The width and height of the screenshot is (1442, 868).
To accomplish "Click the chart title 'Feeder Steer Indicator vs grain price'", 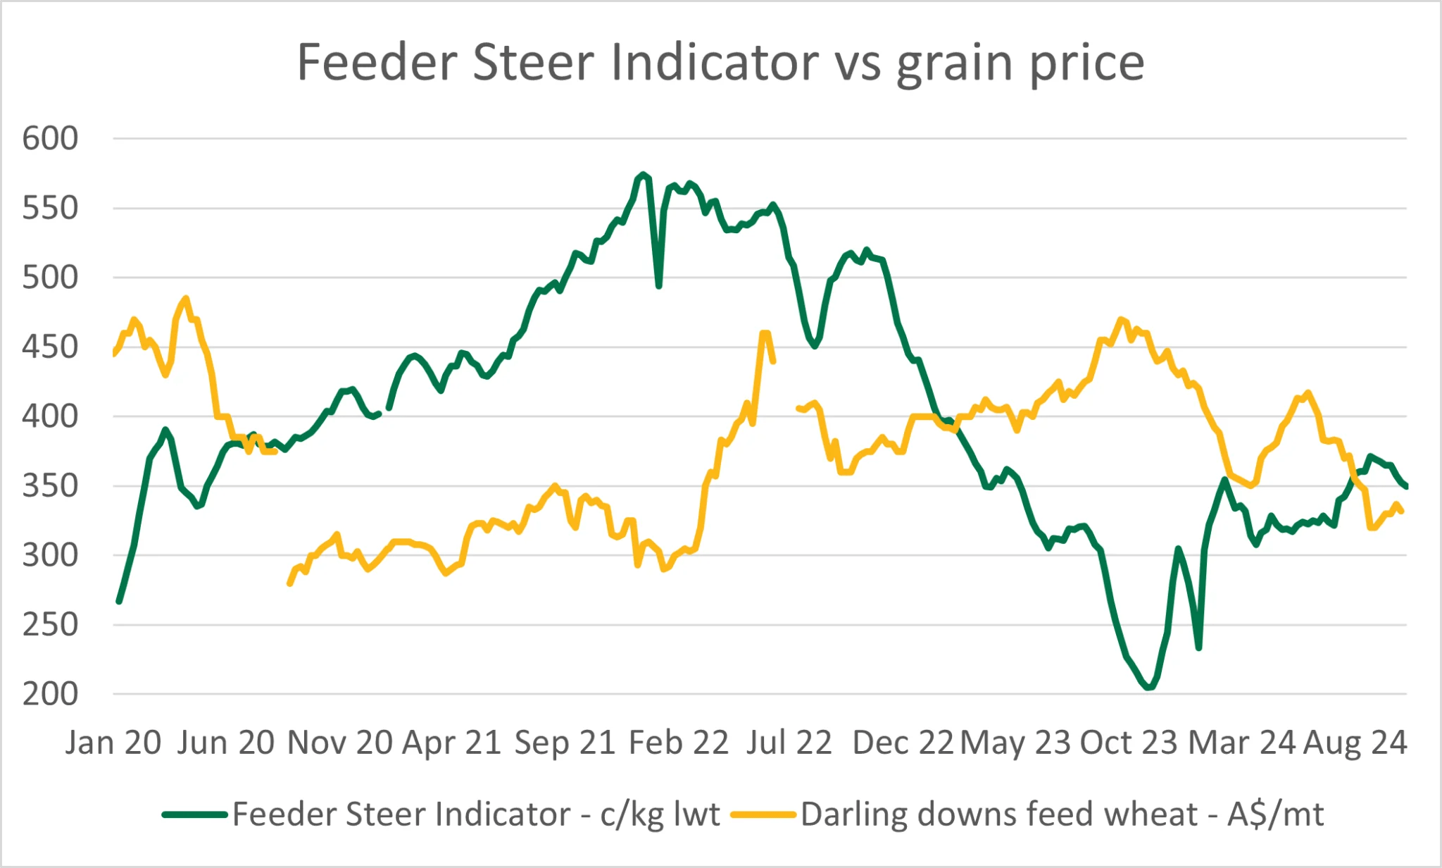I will coord(720,63).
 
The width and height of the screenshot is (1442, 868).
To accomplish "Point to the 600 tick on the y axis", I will coord(50,139).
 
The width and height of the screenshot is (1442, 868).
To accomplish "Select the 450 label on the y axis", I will coord(50,347).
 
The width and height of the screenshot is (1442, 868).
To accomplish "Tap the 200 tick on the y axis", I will coord(50,695).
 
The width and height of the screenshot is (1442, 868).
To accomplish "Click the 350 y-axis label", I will coord(50,486).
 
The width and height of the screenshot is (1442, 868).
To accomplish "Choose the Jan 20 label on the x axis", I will coord(113,743).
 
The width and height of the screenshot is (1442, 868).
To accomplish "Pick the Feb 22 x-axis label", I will coord(678,743).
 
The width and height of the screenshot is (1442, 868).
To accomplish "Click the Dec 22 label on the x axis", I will coord(903,743).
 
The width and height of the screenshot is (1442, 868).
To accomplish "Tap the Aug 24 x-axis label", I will coord(1355,743).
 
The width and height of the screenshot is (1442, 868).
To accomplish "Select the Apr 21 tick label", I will coord(451,743).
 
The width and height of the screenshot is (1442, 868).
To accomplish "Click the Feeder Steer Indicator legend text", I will coord(476,814).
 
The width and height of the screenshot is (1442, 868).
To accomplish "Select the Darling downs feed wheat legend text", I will coord(1062,814).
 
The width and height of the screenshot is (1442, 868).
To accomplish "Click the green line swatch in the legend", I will coord(194,815).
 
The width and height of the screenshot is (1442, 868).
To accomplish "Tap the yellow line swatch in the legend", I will coord(763,815).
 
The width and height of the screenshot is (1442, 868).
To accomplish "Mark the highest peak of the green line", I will coord(643,174).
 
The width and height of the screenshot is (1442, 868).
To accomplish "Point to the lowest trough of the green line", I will coord(1148,687).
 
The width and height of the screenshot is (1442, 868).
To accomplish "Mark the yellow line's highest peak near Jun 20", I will coord(186,298).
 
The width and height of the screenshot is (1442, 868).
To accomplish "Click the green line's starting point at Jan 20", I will coord(119,602).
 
